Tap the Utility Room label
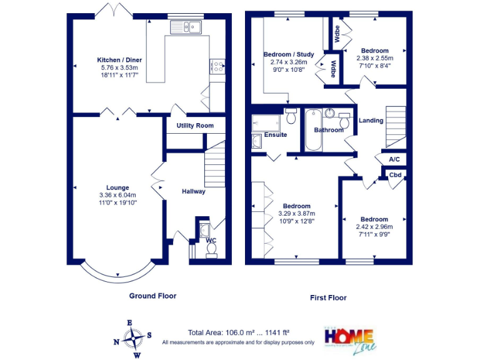194,126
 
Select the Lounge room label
117,187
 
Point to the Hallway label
194,191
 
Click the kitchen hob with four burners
218,67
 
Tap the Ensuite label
276,134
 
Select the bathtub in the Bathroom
312,129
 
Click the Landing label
371,121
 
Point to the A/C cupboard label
394,159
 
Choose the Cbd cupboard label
395,175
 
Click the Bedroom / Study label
288,54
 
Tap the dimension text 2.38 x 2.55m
375,58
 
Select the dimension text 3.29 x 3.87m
296,213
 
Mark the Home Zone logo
348,337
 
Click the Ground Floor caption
152,296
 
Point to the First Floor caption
328,297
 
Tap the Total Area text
238,332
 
